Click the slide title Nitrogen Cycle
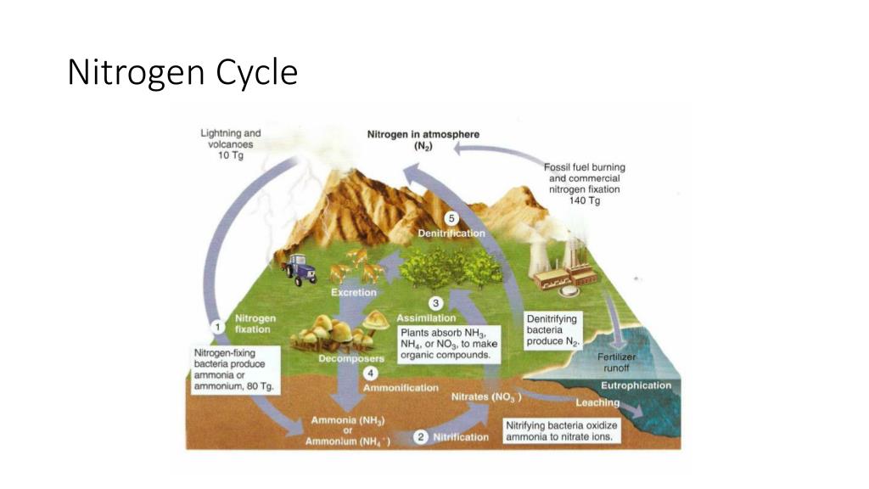pos(182,73)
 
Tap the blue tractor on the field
pos(300,268)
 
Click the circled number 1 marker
pos(217,324)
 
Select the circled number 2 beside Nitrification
pos(420,436)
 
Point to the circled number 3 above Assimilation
pos(436,303)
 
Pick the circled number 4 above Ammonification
pos(370,373)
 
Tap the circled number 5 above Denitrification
pos(451,218)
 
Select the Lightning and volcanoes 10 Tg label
pos(230,144)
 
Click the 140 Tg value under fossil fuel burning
pos(585,200)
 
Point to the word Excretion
pos(353,292)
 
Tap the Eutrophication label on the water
pos(636,385)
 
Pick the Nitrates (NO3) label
pos(485,396)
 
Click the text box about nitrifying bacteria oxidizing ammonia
pos(563,430)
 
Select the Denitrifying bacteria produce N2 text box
pos(552,329)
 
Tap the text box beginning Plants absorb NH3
pos(449,344)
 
